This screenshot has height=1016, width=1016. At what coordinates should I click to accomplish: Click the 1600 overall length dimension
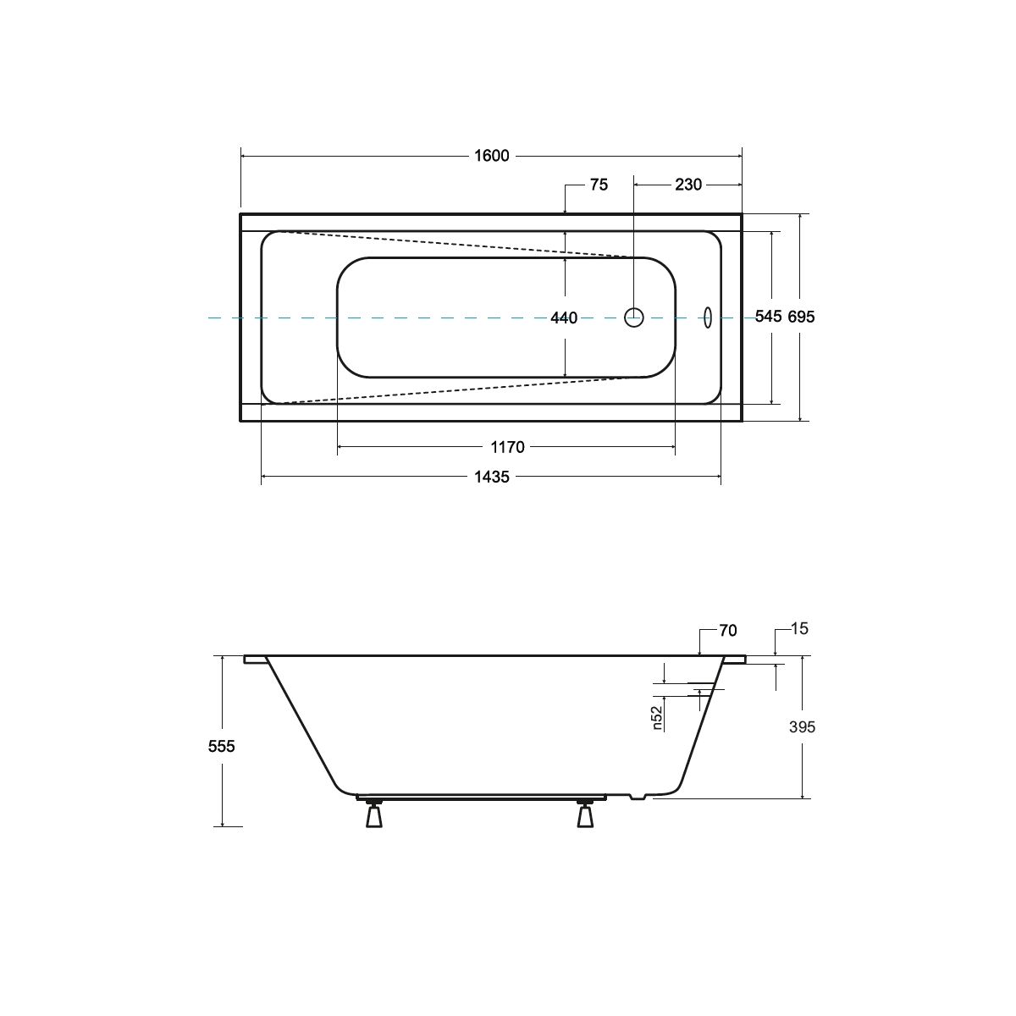(x=491, y=156)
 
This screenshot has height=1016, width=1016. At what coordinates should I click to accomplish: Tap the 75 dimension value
(x=599, y=185)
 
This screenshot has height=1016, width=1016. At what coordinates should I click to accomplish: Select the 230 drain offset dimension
(x=688, y=185)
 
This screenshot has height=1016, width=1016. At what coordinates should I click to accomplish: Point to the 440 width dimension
(x=564, y=318)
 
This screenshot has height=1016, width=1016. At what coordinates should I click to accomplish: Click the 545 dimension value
(x=768, y=317)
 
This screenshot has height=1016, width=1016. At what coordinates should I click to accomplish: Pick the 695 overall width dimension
(x=801, y=317)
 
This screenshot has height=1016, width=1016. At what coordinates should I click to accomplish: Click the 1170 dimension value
(x=507, y=448)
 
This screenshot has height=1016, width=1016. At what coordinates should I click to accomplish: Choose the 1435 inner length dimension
(x=491, y=478)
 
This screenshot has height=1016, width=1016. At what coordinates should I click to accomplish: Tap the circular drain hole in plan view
(x=634, y=317)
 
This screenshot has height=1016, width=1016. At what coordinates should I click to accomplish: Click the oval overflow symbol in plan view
(x=708, y=317)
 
